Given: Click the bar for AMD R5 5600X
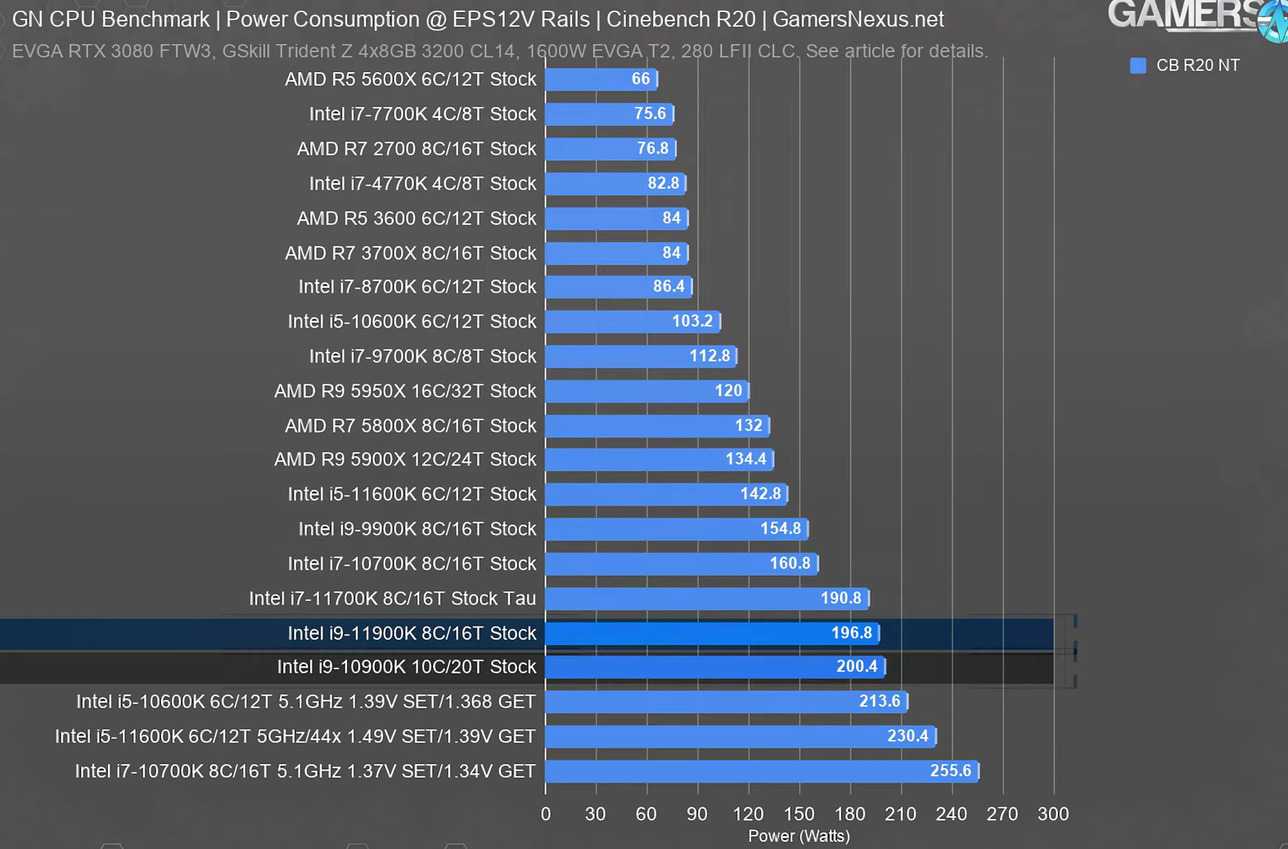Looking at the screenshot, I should pos(601,79).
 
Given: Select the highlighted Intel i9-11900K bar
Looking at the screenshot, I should pos(711,633).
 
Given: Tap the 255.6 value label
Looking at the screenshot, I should pos(950,770).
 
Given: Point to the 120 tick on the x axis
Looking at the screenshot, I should pos(748,814).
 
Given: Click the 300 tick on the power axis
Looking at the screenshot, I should pos(1052,814).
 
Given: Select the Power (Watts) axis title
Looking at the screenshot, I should pos(799,836).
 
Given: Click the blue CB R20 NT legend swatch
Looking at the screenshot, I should pos(1137,65).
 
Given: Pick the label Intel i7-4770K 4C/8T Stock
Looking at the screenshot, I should pos(422,183).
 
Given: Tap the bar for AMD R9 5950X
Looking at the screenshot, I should pos(646,391).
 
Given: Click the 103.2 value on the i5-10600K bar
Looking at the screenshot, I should pos(692,321).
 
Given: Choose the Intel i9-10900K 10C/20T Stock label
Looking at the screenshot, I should pos(406,667).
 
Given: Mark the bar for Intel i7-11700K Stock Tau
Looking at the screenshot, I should pos(706,599).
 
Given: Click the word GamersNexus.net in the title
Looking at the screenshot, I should pos(858,19).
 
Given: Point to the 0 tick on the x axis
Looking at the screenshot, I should pos(546,814).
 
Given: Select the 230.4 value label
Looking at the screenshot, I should pos(907,736).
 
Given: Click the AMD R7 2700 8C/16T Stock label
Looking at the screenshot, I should pos(417,149).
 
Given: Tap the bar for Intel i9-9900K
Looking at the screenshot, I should pos(676,529).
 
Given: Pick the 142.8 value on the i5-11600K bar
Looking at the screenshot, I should pos(760,494).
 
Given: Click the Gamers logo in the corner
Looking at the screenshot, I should pos(1195,16).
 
